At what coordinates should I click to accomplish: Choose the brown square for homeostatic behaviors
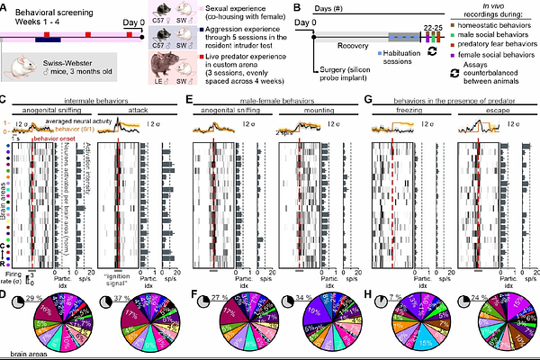463,26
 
